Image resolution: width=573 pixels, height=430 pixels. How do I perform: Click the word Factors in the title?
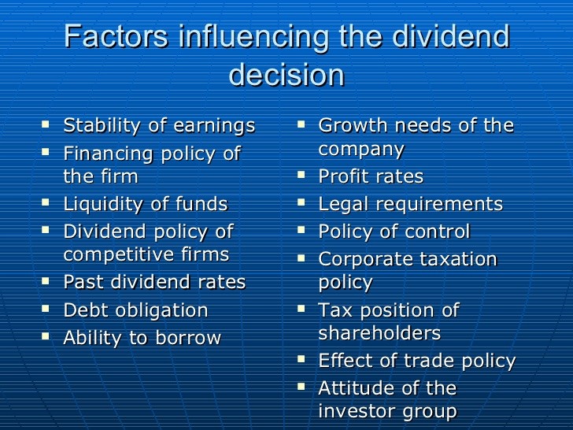tap(116, 36)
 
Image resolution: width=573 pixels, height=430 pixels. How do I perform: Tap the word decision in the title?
tap(286, 74)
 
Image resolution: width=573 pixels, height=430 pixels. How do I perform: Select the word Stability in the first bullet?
tap(102, 126)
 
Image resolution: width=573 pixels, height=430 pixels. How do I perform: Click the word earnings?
tap(214, 126)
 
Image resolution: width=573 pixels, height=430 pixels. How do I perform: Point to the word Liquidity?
tap(103, 204)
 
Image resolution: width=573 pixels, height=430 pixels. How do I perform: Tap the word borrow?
tap(188, 338)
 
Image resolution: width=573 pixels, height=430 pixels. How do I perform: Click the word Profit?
tap(342, 176)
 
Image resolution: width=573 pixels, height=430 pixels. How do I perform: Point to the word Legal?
tap(343, 204)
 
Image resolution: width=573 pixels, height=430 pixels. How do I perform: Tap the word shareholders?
tap(379, 332)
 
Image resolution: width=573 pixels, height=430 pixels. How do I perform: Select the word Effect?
tap(346, 360)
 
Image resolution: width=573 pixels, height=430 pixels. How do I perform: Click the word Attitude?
tap(357, 388)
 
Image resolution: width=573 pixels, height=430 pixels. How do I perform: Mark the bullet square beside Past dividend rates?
tap(46, 281)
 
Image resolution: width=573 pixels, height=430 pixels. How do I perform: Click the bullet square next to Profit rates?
tap(301, 175)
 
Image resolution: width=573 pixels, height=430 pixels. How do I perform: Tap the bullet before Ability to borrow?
tap(46, 335)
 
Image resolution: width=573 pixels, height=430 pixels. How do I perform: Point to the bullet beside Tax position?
tap(301, 309)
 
